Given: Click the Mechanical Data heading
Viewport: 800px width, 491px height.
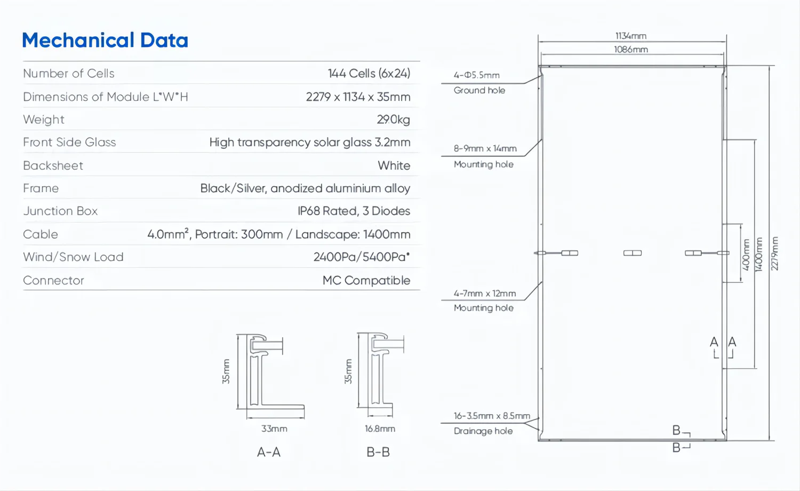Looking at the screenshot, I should click(105, 41).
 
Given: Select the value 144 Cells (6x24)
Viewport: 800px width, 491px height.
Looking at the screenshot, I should click(369, 74).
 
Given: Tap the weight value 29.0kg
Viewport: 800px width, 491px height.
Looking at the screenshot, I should click(393, 120).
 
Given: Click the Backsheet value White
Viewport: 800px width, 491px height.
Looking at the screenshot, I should click(394, 165).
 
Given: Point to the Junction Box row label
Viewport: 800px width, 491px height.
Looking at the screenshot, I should click(60, 211).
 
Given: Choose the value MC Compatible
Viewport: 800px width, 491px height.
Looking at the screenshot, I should click(366, 281).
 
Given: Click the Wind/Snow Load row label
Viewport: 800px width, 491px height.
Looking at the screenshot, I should click(73, 257).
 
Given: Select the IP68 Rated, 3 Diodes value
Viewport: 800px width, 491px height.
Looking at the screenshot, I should click(354, 211).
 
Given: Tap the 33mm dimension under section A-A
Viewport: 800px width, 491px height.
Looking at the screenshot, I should click(274, 429).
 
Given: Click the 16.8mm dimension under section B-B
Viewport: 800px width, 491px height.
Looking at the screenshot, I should click(380, 429).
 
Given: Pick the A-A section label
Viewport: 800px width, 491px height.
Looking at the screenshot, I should click(269, 453).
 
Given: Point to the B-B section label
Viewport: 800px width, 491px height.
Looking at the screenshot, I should click(378, 453).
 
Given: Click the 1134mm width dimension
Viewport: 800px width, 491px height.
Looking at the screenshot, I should click(631, 36).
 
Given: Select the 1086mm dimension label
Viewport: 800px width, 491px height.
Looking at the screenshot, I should click(631, 50).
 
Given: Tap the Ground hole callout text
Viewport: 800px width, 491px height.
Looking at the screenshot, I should click(479, 91).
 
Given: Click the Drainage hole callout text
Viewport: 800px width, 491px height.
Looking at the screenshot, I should click(483, 431).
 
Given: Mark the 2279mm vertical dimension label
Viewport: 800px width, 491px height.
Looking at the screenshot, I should click(775, 253).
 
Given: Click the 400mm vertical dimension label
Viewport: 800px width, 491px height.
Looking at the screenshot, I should click(746, 254).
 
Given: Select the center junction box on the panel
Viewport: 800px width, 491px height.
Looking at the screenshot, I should click(633, 253).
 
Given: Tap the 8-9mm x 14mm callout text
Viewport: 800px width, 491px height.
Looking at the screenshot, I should click(485, 148).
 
